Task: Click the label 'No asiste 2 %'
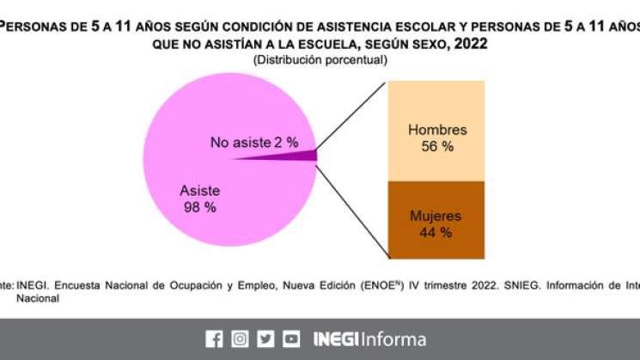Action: tap(253, 142)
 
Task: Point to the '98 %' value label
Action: tap(199, 207)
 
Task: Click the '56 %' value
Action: tap(436, 147)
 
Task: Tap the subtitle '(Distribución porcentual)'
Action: tap(320, 60)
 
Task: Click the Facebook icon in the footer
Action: tap(214, 339)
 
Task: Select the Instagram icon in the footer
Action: tap(241, 339)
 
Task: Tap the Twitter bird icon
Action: tap(266, 339)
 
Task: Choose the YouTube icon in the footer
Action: tap(292, 339)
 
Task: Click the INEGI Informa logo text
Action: tap(369, 339)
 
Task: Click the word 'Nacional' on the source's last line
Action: tap(39, 298)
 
